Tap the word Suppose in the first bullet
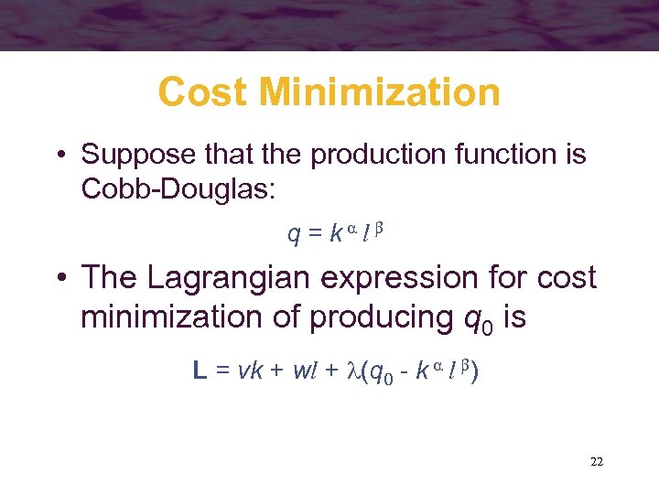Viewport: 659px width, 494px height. click(133, 155)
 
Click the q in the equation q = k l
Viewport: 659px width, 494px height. click(294, 235)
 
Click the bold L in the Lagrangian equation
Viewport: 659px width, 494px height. click(200, 370)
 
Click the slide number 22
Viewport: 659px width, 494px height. click(596, 462)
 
